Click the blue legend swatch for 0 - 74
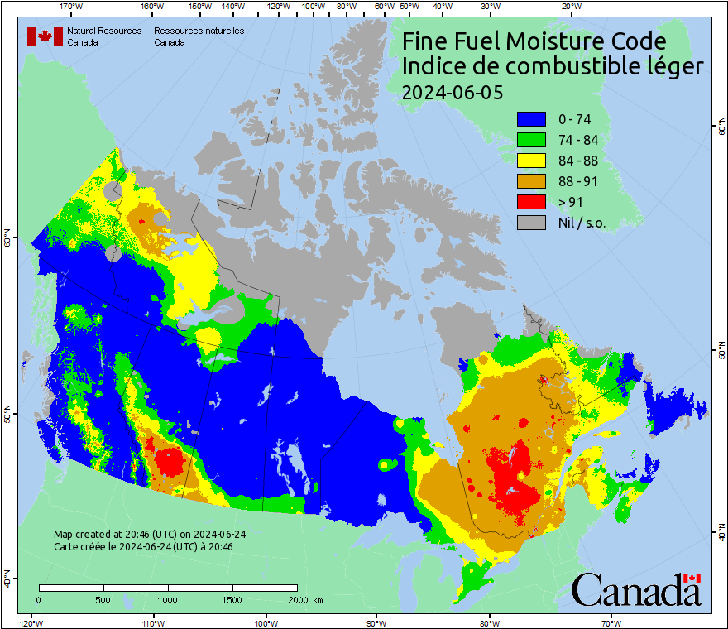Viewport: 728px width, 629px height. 531,119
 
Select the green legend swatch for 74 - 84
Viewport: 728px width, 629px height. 531,140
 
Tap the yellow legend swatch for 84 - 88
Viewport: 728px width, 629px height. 531,161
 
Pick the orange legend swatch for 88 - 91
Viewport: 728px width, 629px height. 531,181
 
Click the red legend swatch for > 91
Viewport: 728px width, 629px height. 531,202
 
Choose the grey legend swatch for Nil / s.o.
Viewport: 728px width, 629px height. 531,223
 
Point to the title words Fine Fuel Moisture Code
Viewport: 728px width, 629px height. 534,41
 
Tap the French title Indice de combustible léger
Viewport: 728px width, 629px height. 553,67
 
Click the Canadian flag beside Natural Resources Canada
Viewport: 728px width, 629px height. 45,36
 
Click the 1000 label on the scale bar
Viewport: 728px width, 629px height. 168,599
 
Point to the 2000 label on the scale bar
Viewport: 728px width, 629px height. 297,599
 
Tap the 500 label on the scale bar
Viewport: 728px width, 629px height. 103,599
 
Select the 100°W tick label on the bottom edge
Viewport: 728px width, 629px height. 265,622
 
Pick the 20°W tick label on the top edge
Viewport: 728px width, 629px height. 569,7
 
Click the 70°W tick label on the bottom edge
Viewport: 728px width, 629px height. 610,622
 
